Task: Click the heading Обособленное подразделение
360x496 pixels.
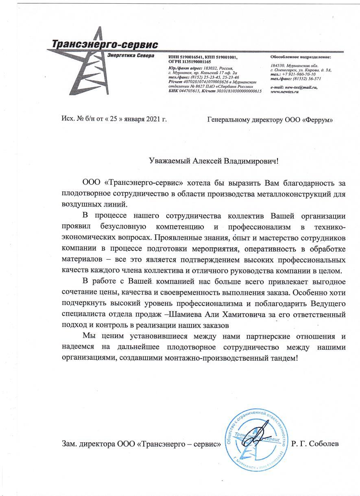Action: click(x=301, y=57)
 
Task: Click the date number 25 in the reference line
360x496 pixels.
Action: click(x=104, y=119)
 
